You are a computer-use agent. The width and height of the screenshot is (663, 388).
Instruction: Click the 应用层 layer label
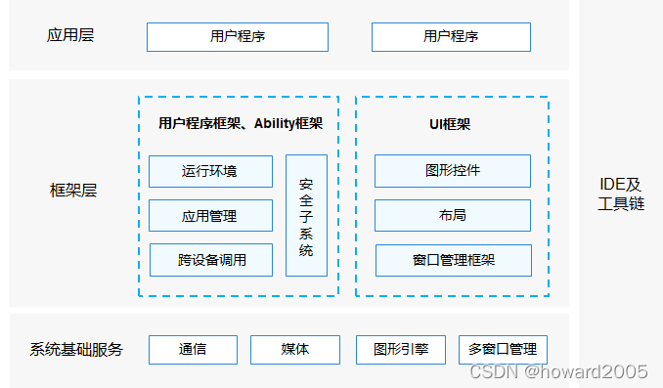pos(70,36)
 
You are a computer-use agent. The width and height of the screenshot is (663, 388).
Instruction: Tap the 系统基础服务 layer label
pos(76,349)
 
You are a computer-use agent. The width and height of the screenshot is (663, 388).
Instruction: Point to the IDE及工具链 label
pos(621,194)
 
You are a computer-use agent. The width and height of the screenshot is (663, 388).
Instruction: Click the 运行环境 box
pos(210,171)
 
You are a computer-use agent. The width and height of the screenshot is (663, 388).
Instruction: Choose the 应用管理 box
pos(210,215)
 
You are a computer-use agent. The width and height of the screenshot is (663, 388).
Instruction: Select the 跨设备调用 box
pos(210,260)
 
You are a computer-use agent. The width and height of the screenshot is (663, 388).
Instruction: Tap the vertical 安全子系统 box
pos(306,215)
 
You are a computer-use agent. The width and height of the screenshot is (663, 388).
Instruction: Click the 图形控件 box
pos(452,171)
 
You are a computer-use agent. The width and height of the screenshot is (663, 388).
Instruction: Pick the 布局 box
pos(452,215)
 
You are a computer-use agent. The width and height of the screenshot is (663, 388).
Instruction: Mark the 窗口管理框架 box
pos(453,260)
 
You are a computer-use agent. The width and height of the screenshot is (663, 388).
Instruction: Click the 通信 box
pos(193,349)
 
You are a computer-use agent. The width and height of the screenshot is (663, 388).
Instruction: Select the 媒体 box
pos(294,349)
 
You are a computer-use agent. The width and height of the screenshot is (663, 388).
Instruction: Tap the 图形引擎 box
pos(401,349)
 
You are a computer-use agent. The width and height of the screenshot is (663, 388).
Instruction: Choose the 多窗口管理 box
pos(503,349)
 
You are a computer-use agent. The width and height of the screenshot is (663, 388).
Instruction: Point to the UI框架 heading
pos(451,124)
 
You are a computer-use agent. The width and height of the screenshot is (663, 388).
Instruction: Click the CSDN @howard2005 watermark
pos(558,371)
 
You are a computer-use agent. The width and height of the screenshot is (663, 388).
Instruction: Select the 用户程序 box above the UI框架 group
pos(451,37)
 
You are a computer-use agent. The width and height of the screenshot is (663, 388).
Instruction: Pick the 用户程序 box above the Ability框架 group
pos(238,37)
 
